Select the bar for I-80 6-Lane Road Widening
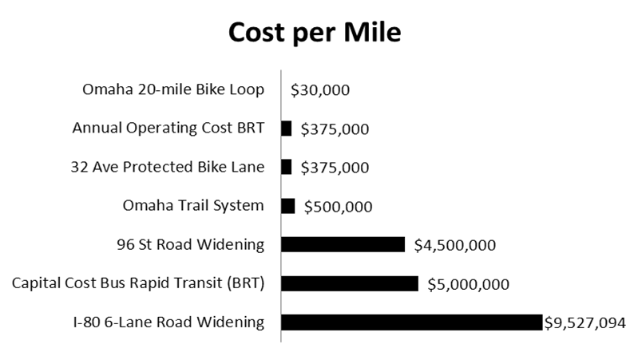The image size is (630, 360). click(411, 322)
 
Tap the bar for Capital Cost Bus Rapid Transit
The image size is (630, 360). click(350, 283)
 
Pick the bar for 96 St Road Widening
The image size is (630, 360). click(343, 244)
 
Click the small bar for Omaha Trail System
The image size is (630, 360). click(288, 206)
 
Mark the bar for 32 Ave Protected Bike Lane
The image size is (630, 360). click(287, 167)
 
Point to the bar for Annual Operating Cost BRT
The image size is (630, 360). click(287, 129)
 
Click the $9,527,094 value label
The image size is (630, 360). click(584, 322)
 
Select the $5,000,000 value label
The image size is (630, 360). click(468, 284)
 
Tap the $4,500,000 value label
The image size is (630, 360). click(454, 245)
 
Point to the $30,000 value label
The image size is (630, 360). click(319, 90)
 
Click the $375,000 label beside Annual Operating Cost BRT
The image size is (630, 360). click(335, 129)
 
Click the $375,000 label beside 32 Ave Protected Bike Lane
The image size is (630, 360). click(335, 168)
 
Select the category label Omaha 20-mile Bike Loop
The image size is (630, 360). click(173, 89)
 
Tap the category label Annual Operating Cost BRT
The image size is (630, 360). click(168, 129)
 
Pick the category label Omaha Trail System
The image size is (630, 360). click(192, 206)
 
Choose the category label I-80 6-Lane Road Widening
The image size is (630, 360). click(168, 322)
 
